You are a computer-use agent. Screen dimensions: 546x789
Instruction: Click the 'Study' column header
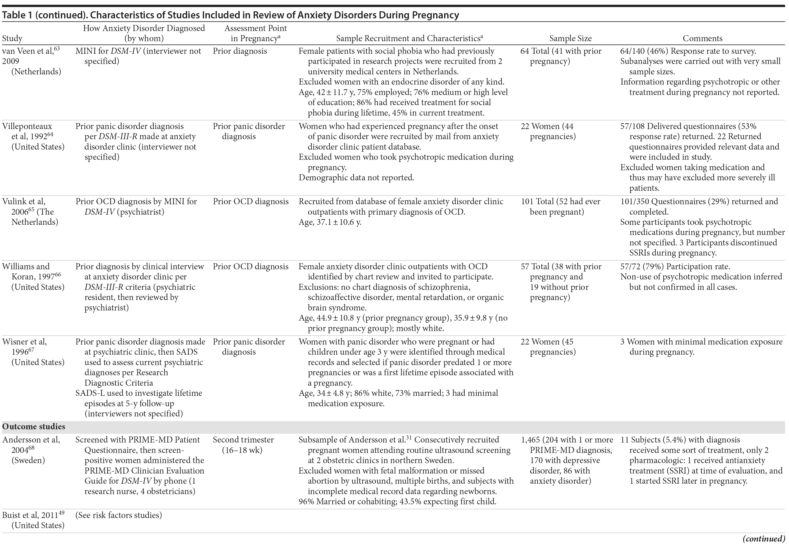pos(12,38)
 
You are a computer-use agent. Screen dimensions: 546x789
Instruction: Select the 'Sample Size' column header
pos(571,38)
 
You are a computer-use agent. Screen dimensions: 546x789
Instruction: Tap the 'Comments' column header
pos(702,38)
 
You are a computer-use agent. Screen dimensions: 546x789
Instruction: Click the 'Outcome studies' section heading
pos(34,427)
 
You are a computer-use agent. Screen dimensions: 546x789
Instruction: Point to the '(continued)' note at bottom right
pos(764,539)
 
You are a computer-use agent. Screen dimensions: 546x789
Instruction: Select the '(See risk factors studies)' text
pos(118,515)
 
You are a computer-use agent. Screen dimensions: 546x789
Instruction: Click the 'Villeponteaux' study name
pos(27,126)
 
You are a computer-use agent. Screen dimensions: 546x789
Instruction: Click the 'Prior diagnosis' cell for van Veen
pos(240,51)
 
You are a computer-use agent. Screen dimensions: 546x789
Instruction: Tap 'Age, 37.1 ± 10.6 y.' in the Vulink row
pos(330,222)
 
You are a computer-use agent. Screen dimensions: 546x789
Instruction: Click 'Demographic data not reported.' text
pos(356,178)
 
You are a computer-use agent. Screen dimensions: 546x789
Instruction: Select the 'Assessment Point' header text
pos(256,28)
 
